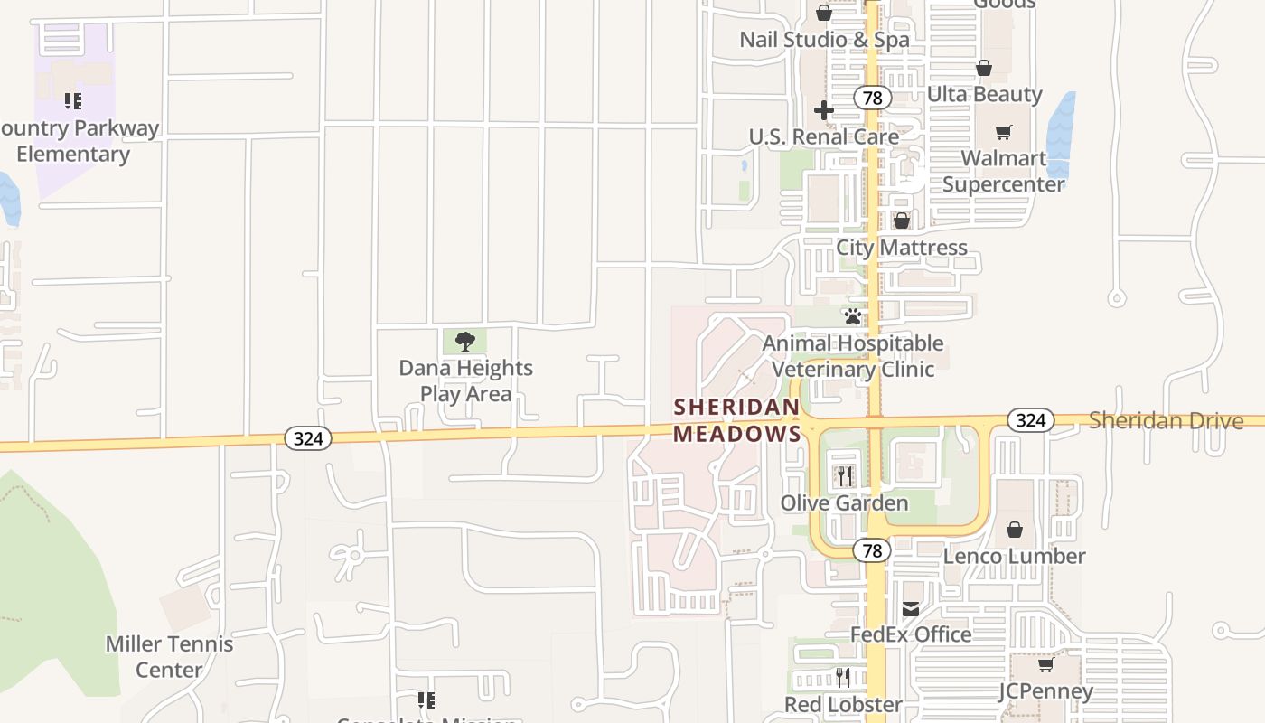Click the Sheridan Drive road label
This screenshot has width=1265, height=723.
pos(1166,420)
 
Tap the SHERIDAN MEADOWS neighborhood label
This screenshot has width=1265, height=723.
pos(737,420)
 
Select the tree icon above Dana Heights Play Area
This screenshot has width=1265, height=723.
pos(465,342)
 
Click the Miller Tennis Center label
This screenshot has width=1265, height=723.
pos(169,657)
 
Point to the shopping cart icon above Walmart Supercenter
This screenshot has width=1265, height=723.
pos(1003,133)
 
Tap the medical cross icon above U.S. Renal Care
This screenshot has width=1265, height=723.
pos(823,110)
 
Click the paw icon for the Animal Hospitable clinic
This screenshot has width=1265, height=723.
pos(852,316)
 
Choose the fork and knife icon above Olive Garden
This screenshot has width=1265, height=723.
pos(843,475)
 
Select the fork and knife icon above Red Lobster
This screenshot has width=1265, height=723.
pos(842,677)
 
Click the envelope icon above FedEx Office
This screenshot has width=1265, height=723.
pos(911,608)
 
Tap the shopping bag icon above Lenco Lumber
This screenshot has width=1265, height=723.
pos(1015,530)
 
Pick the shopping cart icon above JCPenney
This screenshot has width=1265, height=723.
pos(1045,665)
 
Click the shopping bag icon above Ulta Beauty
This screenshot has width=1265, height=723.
pos(984,68)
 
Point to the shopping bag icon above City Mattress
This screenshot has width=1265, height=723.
pos(901,221)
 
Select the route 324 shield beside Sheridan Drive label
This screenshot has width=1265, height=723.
pos(1030,420)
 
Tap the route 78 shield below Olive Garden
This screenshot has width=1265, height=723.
pos(872,549)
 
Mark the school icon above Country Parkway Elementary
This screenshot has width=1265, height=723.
pos(72,101)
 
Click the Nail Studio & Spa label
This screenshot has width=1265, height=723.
pos(824,40)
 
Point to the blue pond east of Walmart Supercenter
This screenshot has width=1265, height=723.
pos(1061,136)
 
